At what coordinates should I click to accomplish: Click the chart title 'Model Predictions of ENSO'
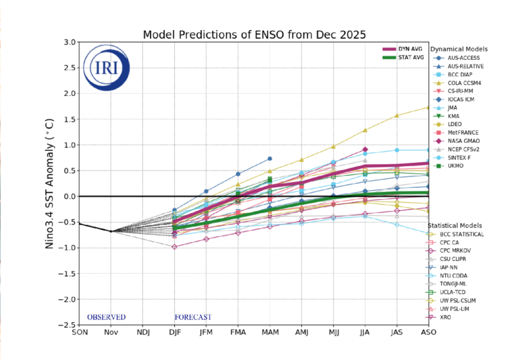[254, 35]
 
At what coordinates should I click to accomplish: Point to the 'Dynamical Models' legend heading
[458, 49]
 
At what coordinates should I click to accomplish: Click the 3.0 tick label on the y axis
[69, 42]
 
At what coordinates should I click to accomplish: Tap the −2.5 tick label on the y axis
[67, 325]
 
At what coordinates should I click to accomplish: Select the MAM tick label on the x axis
[270, 332]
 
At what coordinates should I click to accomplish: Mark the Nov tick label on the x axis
[111, 332]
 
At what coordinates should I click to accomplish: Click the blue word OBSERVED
[106, 317]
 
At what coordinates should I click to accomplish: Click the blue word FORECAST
[192, 317]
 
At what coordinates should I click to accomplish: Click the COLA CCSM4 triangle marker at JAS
[397, 115]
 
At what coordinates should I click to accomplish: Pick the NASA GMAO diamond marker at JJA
[365, 149]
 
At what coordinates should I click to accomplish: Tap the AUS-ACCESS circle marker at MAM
[270, 158]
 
